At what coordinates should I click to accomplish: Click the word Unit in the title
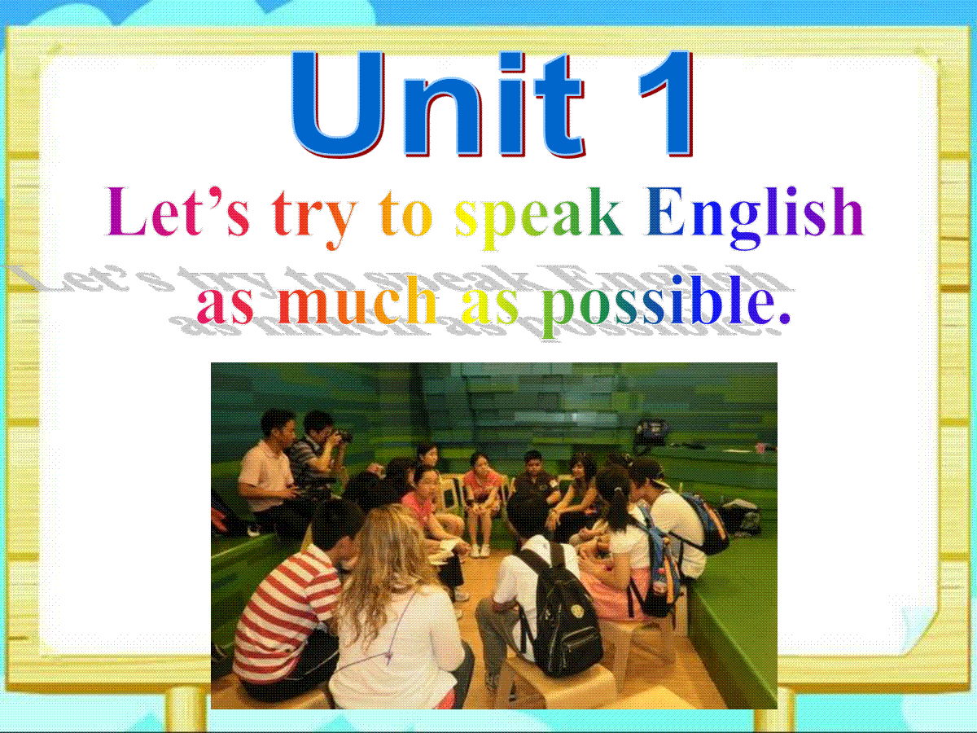tap(437, 103)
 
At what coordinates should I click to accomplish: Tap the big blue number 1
tap(666, 103)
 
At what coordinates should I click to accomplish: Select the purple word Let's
tap(177, 212)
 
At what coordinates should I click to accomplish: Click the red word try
tap(315, 219)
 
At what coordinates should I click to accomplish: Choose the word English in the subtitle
tap(756, 217)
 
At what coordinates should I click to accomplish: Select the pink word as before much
tap(226, 306)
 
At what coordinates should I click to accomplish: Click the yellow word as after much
tap(489, 306)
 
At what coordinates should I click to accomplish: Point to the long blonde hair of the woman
tap(392, 555)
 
